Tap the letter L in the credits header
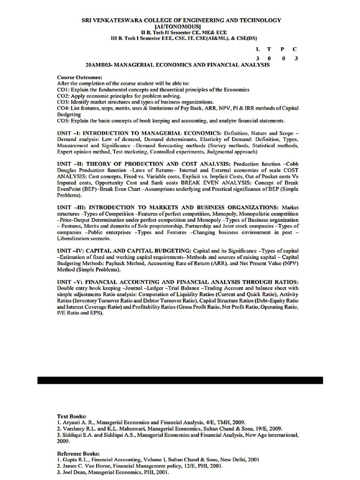pyautogui.click(x=257, y=49)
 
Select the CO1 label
pyautogui.click(x=63, y=89)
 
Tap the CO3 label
pyautogui.click(x=63, y=101)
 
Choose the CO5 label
pyautogui.click(x=63, y=120)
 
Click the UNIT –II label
pyautogui.click(x=70, y=164)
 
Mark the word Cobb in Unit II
pyautogui.click(x=292, y=164)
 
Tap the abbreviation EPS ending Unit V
pyautogui.click(x=96, y=313)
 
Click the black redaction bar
pyautogui.click(x=180, y=380)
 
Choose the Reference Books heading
pyautogui.click(x=78, y=453)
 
